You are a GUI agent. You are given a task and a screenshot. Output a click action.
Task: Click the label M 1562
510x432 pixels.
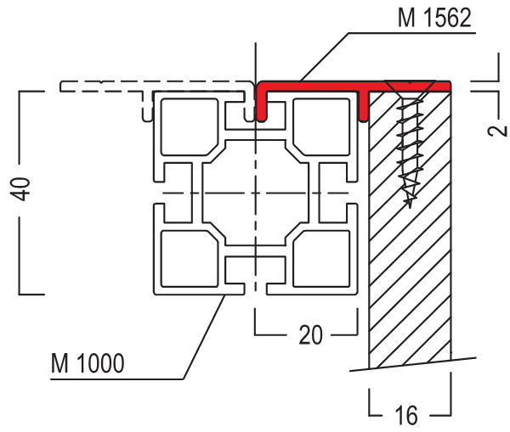434,18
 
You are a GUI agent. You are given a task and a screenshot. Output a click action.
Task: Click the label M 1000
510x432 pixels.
88,363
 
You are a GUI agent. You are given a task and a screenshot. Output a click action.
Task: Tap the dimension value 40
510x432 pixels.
20,188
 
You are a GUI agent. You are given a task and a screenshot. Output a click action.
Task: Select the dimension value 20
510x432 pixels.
310,334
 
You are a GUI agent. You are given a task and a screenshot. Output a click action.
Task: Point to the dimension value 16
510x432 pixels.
406,415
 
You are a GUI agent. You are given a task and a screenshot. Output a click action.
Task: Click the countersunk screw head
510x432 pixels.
411,88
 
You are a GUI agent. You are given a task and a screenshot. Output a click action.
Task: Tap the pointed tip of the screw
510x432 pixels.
410,207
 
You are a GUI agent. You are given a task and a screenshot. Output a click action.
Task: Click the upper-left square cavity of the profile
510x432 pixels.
190,126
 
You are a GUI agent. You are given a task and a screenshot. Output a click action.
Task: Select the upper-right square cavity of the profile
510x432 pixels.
321,126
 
